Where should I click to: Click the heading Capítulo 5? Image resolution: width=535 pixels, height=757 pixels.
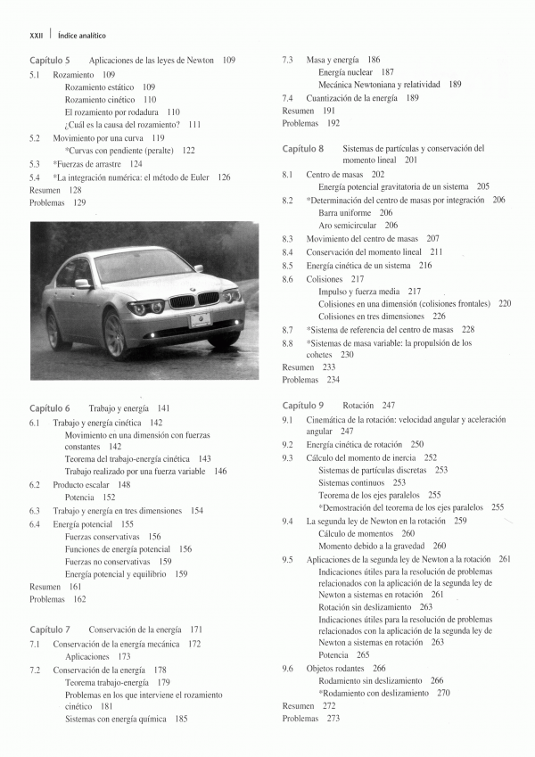pyautogui.click(x=50, y=60)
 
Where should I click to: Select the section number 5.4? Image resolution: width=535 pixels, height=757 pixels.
pyautogui.click(x=35, y=177)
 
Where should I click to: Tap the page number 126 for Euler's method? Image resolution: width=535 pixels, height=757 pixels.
pyautogui.click(x=223, y=177)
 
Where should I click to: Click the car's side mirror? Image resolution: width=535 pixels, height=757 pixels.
pyautogui.click(x=82, y=284)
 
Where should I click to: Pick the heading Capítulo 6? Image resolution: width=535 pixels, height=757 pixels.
pyautogui.click(x=50, y=407)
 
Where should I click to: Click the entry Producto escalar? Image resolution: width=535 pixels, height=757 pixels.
pyautogui.click(x=82, y=485)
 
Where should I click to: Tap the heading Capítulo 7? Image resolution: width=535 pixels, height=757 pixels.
pyautogui.click(x=50, y=629)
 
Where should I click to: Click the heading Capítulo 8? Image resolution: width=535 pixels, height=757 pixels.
pyautogui.click(x=303, y=148)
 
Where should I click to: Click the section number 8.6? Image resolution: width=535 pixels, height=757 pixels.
pyautogui.click(x=288, y=278)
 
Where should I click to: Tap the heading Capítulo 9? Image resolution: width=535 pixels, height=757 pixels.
pyautogui.click(x=303, y=405)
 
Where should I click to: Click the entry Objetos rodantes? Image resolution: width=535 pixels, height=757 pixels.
pyautogui.click(x=340, y=668)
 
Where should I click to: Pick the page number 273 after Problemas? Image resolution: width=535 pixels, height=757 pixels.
pyautogui.click(x=333, y=719)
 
